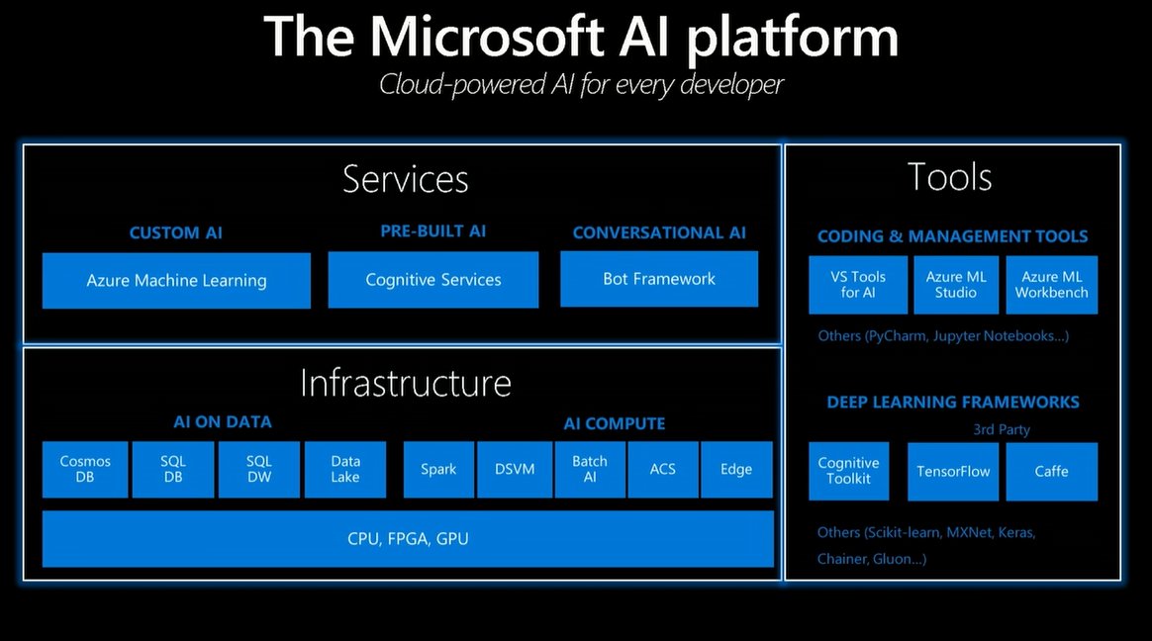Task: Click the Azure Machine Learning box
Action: click(x=176, y=281)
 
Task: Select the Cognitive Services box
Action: click(x=433, y=280)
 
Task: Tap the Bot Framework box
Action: click(x=659, y=279)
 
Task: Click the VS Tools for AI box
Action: click(x=858, y=285)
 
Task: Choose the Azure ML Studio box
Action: click(x=957, y=285)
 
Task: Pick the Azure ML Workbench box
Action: click(x=1051, y=285)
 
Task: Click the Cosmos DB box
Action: click(x=85, y=469)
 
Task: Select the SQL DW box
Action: click(x=258, y=469)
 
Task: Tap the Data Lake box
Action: click(x=345, y=469)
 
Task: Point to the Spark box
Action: click(x=438, y=469)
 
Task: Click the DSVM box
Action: click(x=515, y=469)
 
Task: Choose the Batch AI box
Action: click(x=590, y=469)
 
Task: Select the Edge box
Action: click(x=736, y=469)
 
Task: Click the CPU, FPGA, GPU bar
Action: click(x=408, y=539)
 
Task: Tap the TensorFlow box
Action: click(x=953, y=471)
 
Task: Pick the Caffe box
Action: click(x=1051, y=471)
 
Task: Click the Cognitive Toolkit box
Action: click(x=848, y=471)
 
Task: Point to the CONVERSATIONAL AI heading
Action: click(x=659, y=232)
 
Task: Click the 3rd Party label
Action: click(x=1001, y=429)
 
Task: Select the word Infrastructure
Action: click(x=405, y=383)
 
